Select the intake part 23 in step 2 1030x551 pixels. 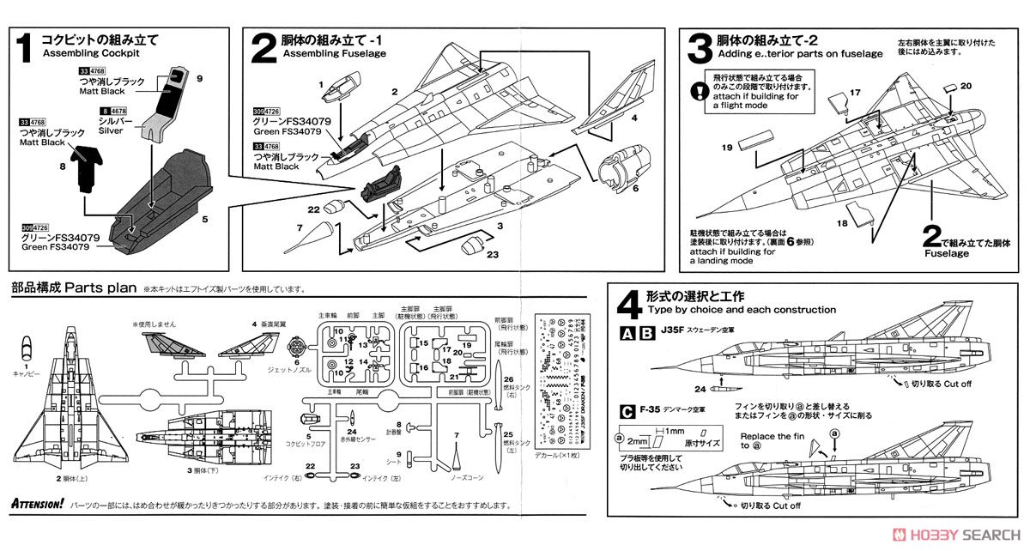tap(473, 247)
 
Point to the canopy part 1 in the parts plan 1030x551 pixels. tap(27, 347)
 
